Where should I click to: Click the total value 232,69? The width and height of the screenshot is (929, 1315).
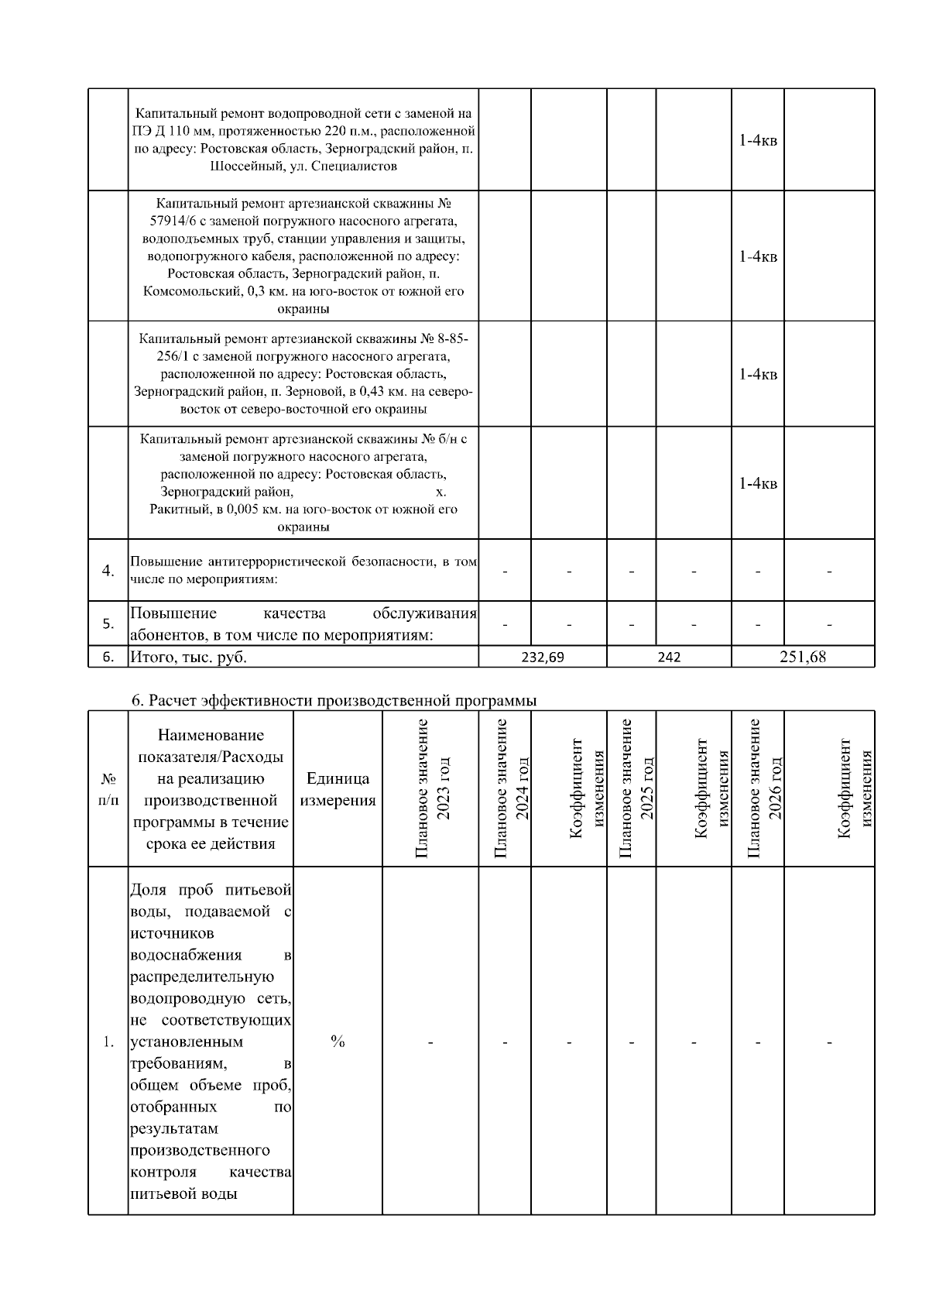coord(543,657)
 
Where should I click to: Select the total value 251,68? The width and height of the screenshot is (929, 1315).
coord(803,657)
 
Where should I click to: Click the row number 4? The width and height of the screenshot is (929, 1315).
coord(108,571)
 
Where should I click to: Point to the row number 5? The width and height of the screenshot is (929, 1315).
coord(108,623)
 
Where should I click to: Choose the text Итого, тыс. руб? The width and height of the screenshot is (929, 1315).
coord(188,657)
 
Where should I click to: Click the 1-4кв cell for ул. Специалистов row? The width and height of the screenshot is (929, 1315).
coord(758,140)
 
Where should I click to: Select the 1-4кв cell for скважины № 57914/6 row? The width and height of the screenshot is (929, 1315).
coord(758,256)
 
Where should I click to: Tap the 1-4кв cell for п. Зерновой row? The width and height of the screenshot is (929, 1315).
coord(758,374)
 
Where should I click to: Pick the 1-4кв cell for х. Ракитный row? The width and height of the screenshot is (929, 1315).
coord(758,483)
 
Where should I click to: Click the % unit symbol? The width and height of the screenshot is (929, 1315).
coord(338,1042)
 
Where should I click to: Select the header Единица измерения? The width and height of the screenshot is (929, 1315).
coord(338,789)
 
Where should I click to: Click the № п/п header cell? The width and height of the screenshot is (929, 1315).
coord(108,789)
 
